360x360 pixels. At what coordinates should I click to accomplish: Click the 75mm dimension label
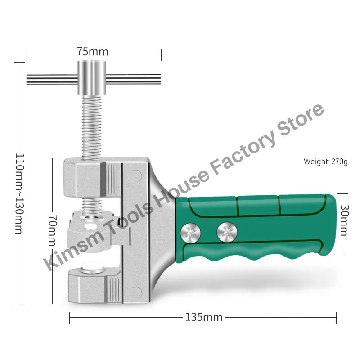click(92, 51)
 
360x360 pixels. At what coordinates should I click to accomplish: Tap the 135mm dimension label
click(204, 317)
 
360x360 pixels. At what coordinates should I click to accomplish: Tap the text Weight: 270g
click(326, 161)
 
